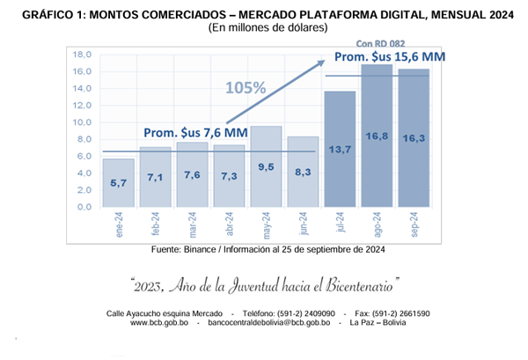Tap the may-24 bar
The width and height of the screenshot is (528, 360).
[266, 167]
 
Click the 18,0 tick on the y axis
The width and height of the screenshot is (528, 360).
[82, 55]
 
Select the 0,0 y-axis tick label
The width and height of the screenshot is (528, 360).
[82, 208]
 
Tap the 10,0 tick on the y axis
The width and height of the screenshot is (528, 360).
[82, 122]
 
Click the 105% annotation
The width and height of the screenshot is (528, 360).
[246, 88]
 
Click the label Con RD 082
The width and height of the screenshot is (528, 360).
[380, 42]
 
